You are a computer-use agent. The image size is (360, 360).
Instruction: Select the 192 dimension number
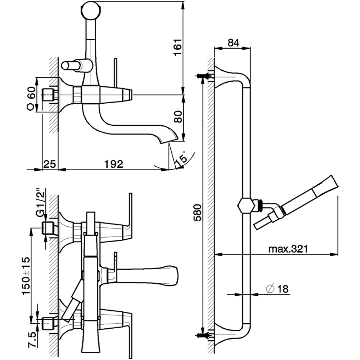coord(114,164)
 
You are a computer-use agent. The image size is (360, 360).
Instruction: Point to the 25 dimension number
coord(49,164)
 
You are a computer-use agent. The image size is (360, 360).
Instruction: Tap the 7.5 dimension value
coord(32,341)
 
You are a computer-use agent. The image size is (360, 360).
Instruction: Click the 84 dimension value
coord(233,42)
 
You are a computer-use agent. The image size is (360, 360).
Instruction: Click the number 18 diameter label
coord(283,288)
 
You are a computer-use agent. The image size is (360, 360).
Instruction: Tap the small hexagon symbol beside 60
coord(32,107)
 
